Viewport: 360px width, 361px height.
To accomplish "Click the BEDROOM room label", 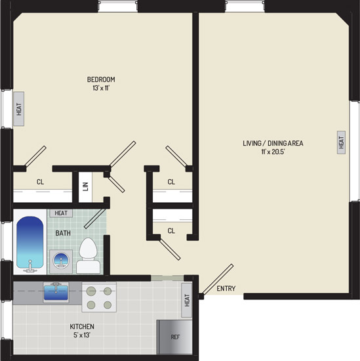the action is click(101, 79).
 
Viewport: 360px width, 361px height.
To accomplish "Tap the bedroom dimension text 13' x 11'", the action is click(101, 88).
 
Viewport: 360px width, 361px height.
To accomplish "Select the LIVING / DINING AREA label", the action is click(273, 143).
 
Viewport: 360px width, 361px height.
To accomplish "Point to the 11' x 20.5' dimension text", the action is click(273, 152).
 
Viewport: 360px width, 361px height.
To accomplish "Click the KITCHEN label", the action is click(82, 326).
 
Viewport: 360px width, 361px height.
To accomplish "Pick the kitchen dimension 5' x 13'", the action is click(82, 335).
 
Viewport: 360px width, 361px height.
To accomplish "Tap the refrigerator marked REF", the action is click(174, 337).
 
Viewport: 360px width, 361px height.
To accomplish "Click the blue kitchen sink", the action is click(56, 292).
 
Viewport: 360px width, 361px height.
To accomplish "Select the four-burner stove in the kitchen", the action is click(99, 297).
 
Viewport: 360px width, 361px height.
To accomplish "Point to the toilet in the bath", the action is click(88, 255).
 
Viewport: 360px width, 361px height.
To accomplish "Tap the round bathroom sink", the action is click(61, 261).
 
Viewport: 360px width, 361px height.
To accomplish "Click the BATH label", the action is click(63, 233).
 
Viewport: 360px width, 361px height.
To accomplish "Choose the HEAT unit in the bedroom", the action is click(18, 109).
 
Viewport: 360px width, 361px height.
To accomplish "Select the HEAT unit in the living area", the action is click(341, 142).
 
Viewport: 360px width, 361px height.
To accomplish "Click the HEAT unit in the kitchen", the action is click(187, 300).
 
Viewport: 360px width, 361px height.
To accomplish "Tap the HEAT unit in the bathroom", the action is click(61, 213).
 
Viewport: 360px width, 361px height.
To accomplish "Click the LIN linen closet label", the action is click(85, 186).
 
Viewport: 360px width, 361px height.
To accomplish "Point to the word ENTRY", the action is click(226, 288).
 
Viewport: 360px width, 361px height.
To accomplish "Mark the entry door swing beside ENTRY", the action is click(218, 280).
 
